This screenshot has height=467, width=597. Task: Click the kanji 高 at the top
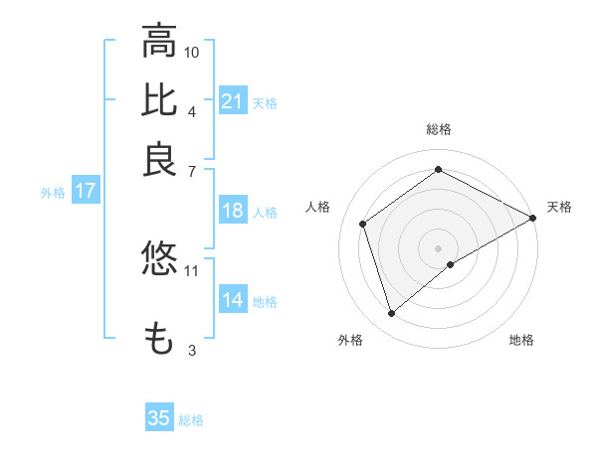tap(159, 42)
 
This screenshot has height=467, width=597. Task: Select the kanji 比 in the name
tap(159, 100)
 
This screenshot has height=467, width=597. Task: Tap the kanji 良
tap(159, 159)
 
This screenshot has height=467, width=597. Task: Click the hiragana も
tap(159, 338)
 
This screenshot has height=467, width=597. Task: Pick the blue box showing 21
tap(232, 101)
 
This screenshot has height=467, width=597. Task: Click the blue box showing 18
tap(232, 212)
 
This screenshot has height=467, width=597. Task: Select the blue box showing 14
tap(232, 301)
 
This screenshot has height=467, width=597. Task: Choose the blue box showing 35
tap(159, 418)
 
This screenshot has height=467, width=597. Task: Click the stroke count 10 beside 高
tap(192, 52)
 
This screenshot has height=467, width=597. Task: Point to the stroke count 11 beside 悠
tap(192, 269)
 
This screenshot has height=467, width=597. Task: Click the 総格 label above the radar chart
tap(439, 129)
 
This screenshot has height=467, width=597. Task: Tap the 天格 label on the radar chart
tap(559, 207)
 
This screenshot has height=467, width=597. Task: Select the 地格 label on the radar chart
tap(521, 340)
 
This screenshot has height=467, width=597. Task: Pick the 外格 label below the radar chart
tap(350, 340)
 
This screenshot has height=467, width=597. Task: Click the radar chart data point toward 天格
tap(533, 218)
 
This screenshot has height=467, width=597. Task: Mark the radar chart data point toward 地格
tap(451, 264)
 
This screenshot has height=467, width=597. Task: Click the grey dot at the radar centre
tap(439, 247)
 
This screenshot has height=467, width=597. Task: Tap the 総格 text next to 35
tap(191, 420)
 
